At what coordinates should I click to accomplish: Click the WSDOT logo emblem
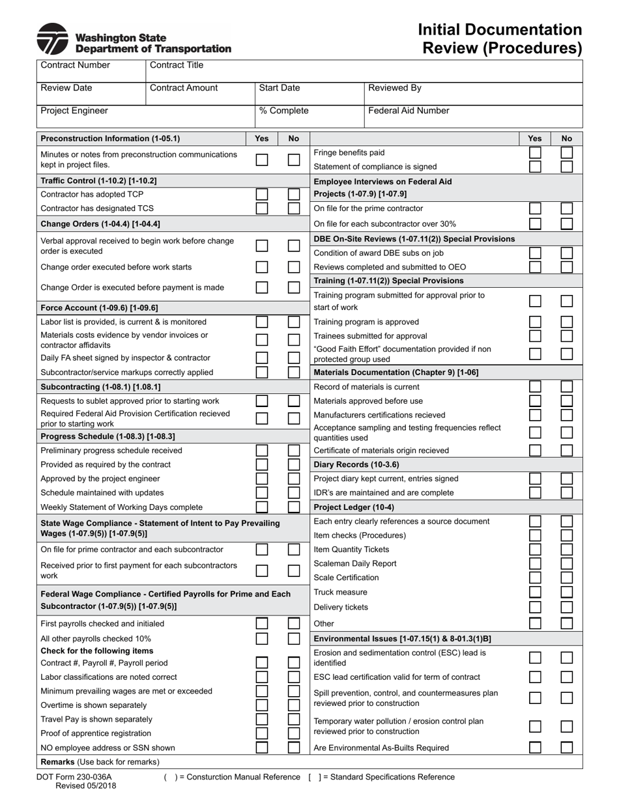click(x=52, y=39)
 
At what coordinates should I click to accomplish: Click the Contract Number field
click(x=91, y=70)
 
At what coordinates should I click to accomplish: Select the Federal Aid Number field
click(x=472, y=116)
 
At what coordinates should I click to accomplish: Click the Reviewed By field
click(x=472, y=93)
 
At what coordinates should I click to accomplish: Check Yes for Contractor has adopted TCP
click(x=262, y=194)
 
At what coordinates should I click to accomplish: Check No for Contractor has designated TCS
click(x=294, y=208)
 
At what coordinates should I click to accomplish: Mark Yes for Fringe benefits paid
click(x=535, y=152)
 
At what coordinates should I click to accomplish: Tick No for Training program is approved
click(x=567, y=322)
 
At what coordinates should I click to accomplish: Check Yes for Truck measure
click(x=535, y=592)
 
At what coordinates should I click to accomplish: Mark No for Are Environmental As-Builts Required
click(x=567, y=748)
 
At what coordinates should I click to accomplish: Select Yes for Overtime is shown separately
click(x=262, y=705)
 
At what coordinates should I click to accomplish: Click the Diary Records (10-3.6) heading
click(x=356, y=464)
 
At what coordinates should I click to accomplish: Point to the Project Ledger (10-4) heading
click(x=354, y=507)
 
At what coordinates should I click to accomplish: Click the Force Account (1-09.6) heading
click(x=99, y=307)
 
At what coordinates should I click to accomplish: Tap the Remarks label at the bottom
click(x=57, y=762)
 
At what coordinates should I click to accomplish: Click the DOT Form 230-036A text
click(x=74, y=777)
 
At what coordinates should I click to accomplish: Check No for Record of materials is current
click(x=567, y=387)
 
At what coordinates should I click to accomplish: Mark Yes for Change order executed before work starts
click(x=262, y=267)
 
